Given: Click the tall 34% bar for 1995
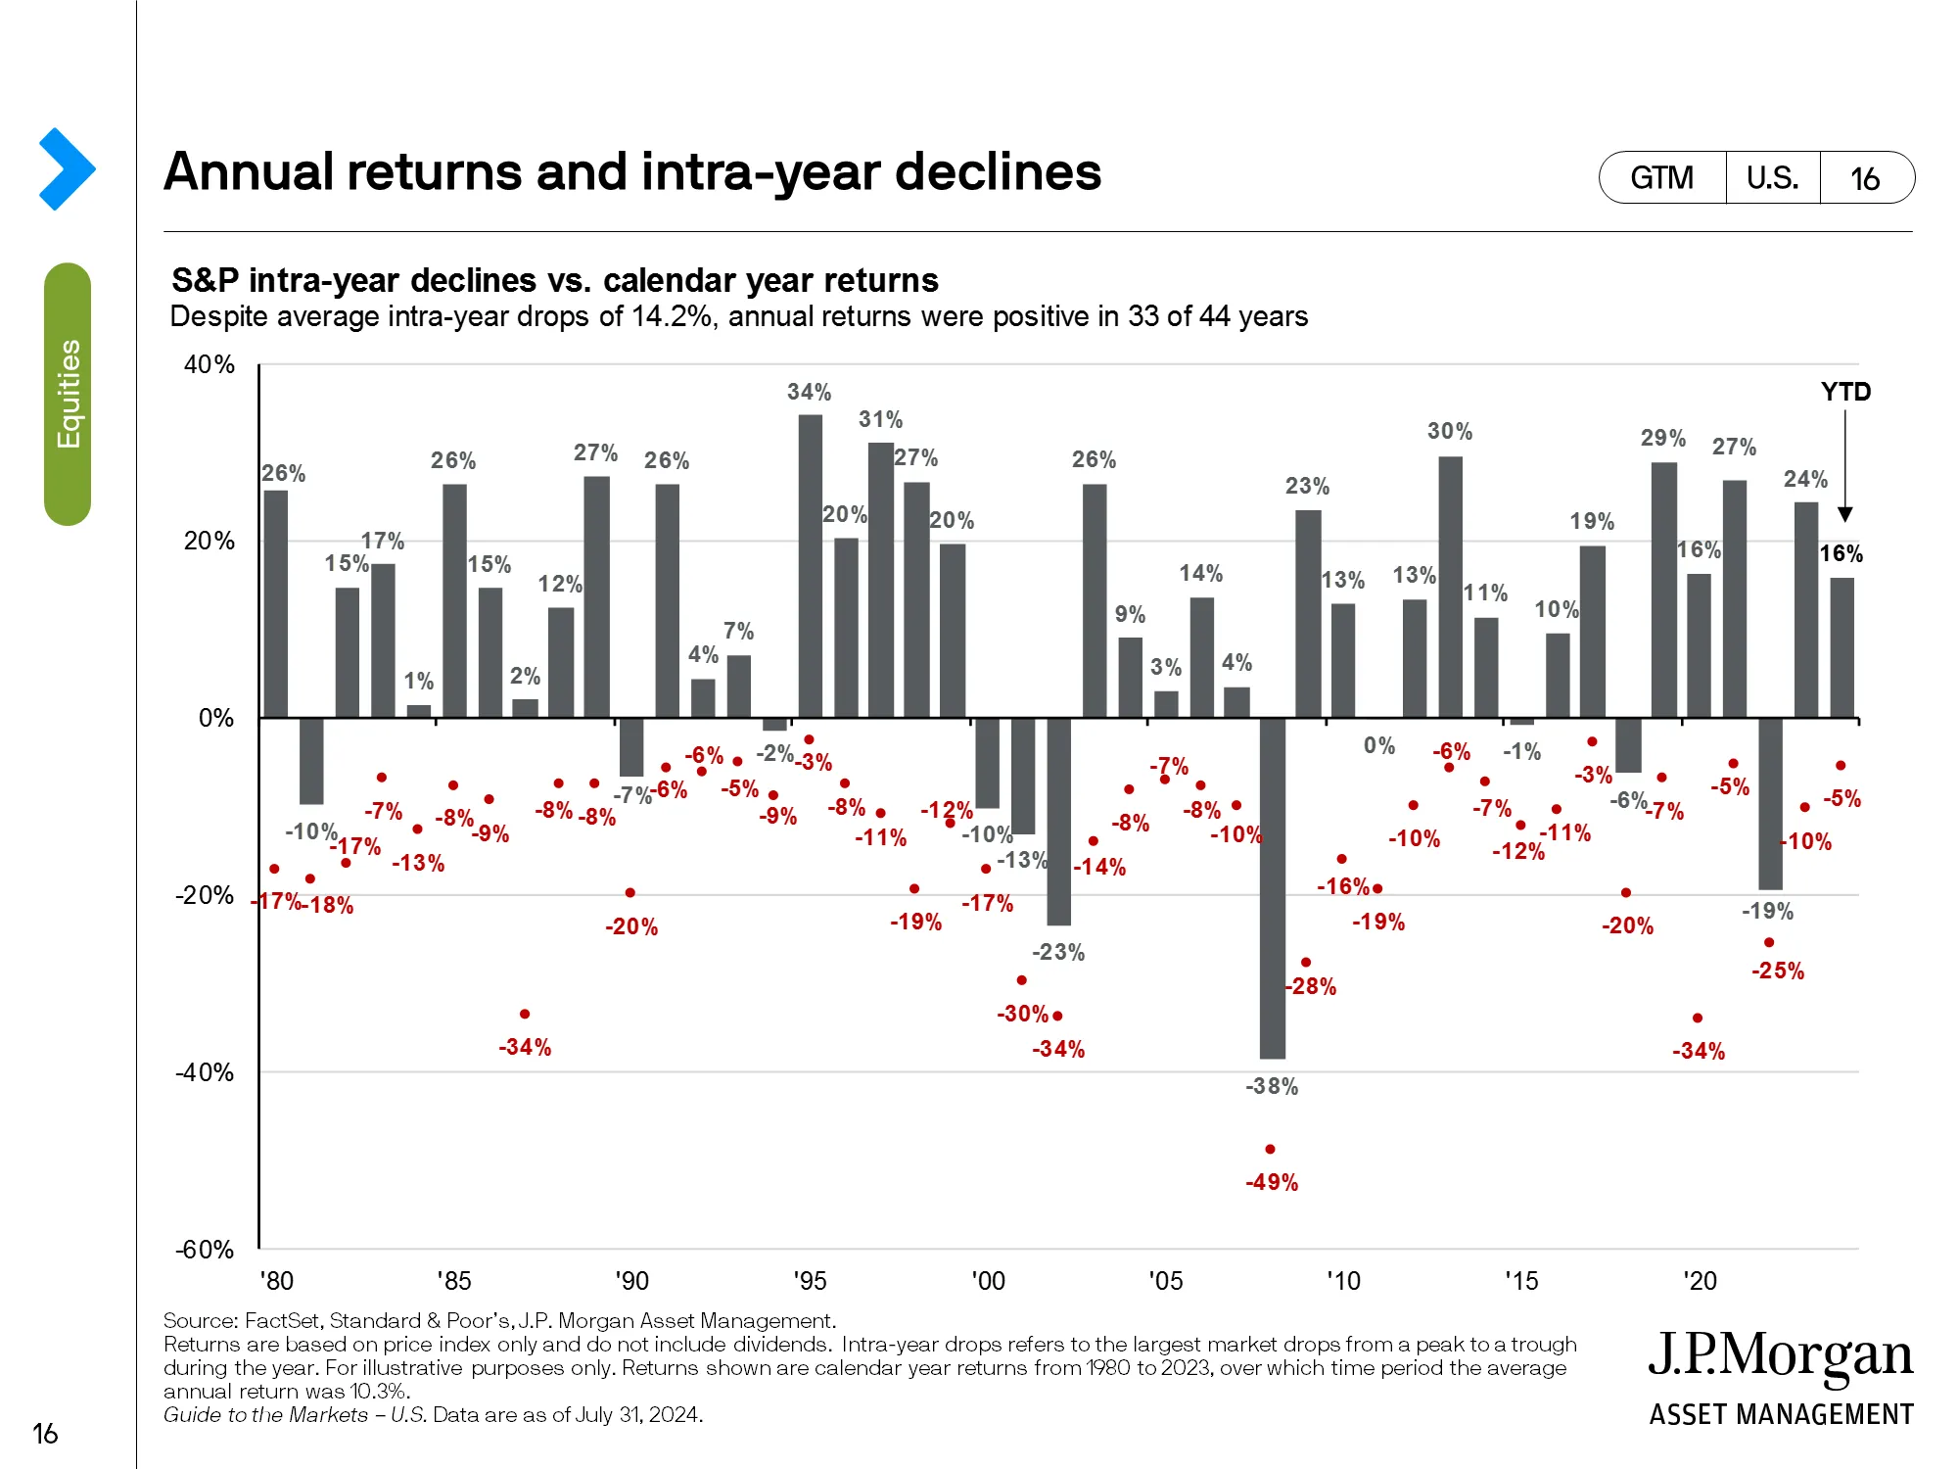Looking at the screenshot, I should [810, 566].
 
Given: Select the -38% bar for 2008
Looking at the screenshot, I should [1272, 887].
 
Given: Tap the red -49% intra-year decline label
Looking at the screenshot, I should [1272, 1182].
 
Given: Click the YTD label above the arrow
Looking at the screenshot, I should [1845, 392].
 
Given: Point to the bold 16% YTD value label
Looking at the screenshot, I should [1841, 553].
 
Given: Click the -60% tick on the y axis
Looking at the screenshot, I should [205, 1250].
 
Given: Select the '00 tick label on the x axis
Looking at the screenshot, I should [988, 1281].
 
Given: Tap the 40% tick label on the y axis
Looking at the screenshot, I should [210, 364].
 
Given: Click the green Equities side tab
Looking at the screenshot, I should [68, 394].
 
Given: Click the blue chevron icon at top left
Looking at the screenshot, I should [67, 168].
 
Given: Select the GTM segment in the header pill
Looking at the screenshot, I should [1661, 178].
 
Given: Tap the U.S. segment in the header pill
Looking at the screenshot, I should [1772, 178].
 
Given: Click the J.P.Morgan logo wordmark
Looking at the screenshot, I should [1780, 1356].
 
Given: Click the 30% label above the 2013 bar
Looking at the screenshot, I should [1450, 431].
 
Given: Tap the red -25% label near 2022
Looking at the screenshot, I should [1777, 971].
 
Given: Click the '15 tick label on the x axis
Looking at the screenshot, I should [1521, 1281].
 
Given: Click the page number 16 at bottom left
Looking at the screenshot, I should [45, 1434].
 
